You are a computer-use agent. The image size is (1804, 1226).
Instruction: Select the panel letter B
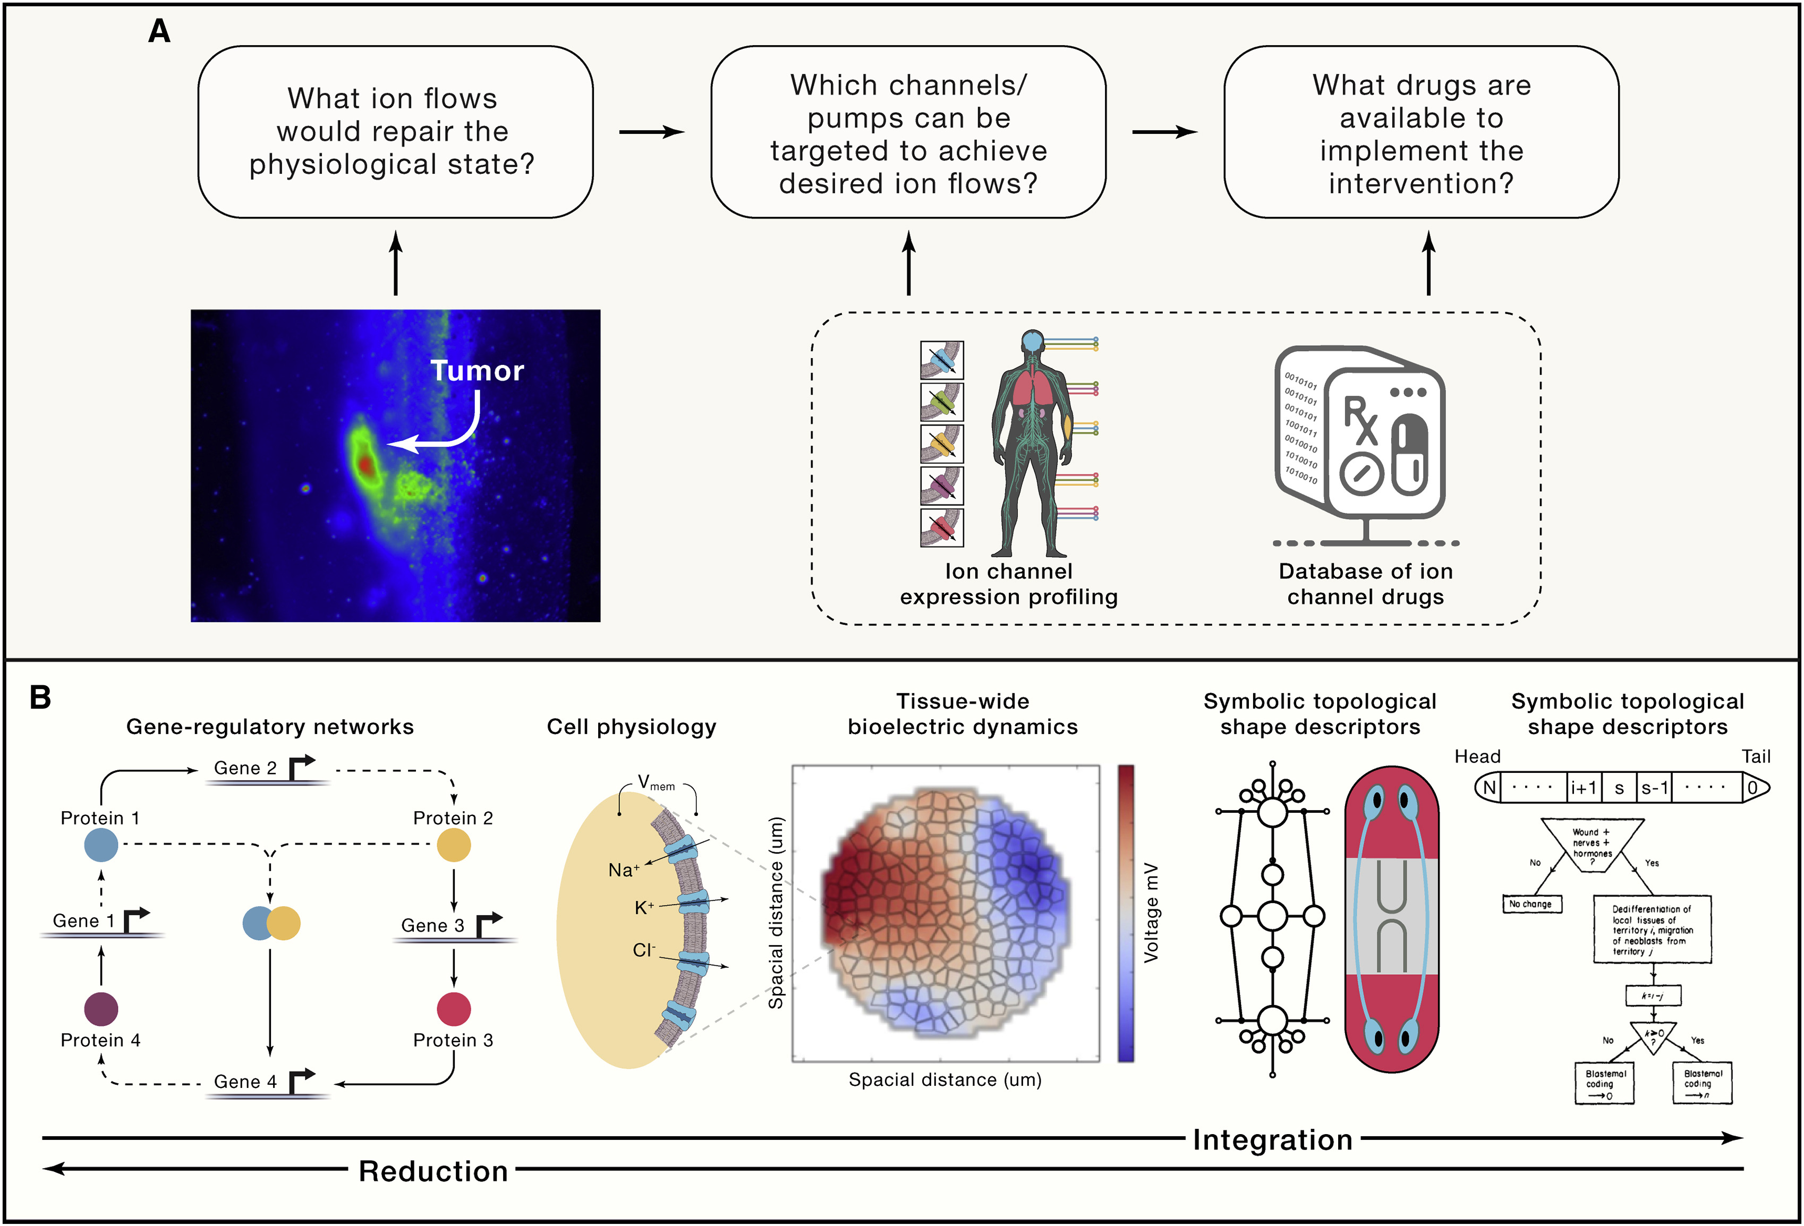(40, 697)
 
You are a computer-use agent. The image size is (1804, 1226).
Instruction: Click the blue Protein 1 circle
(101, 845)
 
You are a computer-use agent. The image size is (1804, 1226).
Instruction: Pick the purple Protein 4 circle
(101, 1009)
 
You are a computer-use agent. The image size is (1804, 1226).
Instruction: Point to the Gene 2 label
(245, 768)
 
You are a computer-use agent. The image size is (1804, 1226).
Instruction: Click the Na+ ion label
(623, 871)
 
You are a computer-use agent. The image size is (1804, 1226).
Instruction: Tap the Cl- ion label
(643, 950)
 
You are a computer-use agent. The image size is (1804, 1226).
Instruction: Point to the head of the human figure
(1032, 341)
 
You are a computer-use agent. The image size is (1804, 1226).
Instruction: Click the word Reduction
(433, 1171)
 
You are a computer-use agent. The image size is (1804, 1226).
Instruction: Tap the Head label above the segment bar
(1477, 756)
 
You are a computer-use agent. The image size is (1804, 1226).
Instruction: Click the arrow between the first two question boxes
(651, 132)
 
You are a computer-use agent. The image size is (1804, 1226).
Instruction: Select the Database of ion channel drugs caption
(1365, 584)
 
